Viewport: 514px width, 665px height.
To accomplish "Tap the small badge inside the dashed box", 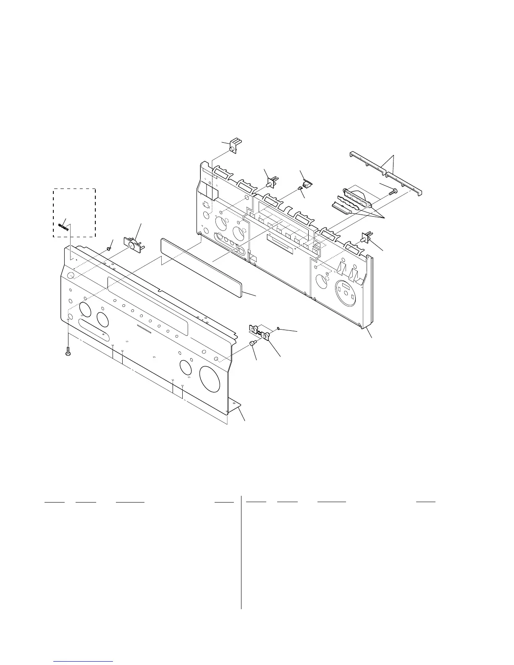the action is pyautogui.click(x=63, y=226).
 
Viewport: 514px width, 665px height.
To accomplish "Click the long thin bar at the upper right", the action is pyautogui.click(x=386, y=173).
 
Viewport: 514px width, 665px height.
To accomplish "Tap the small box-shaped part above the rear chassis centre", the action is pyautogui.click(x=307, y=185).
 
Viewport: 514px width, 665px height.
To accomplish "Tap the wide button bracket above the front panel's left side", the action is pyautogui.click(x=133, y=244).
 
